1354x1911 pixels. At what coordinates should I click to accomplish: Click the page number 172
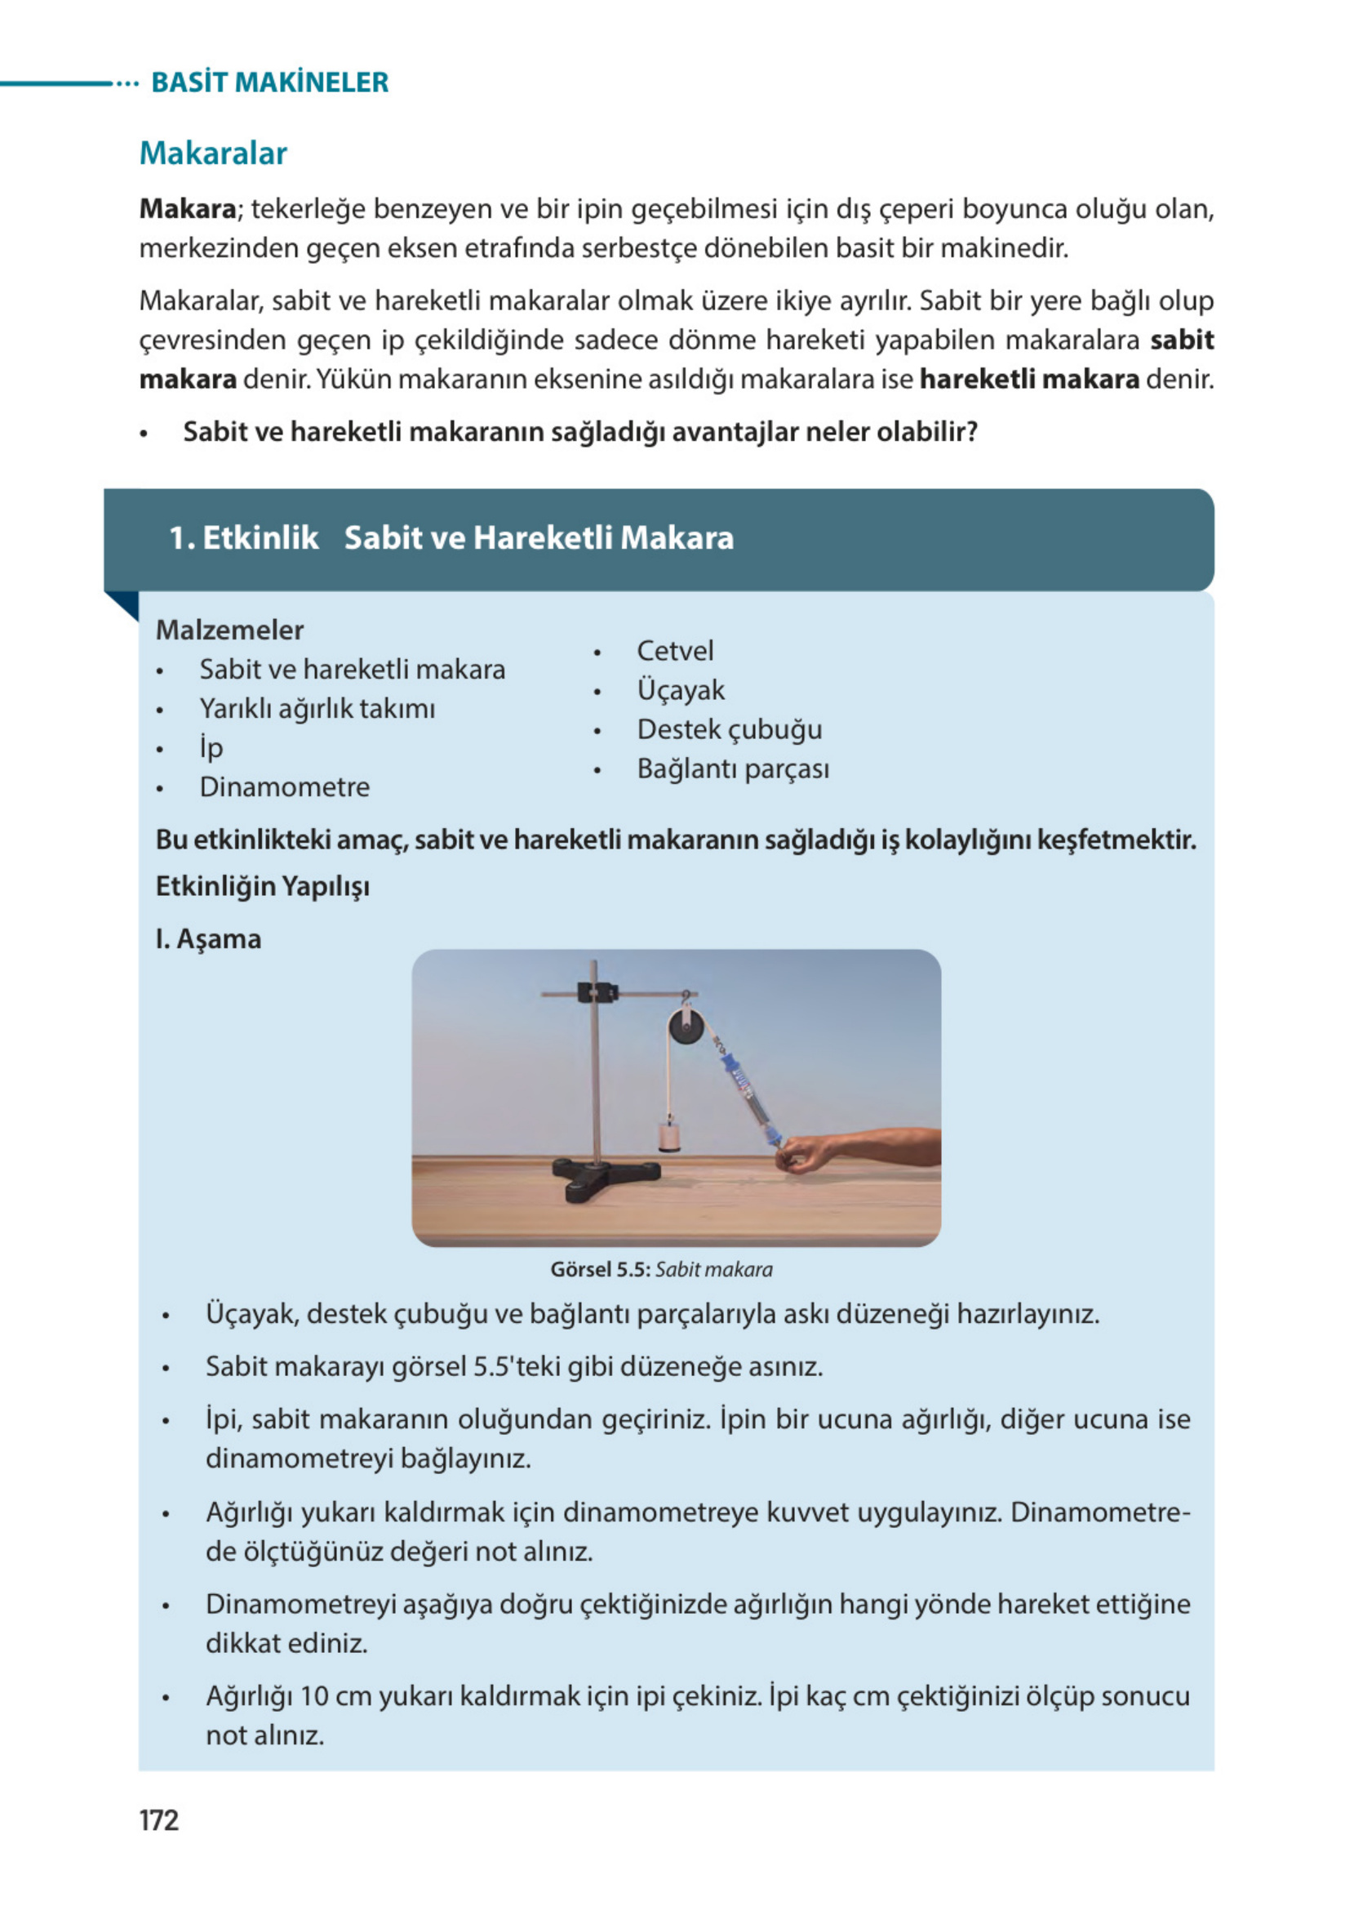158,1820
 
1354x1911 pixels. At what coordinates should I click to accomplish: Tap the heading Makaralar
214,154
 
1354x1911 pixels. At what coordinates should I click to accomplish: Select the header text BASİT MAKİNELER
269,82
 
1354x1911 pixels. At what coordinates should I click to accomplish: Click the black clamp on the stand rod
597,992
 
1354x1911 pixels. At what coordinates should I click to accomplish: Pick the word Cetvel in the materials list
674,651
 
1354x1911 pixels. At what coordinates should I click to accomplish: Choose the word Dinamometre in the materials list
284,786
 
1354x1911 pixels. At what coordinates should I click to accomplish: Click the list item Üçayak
681,690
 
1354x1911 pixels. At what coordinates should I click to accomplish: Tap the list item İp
211,747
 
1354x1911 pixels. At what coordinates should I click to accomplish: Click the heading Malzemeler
229,630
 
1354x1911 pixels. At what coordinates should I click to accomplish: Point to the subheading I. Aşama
208,939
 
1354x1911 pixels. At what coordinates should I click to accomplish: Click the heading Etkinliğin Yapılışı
263,886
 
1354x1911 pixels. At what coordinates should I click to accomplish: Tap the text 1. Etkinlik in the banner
243,538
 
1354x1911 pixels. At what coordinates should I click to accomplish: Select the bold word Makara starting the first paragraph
189,208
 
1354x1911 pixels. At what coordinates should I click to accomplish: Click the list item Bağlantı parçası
733,768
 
